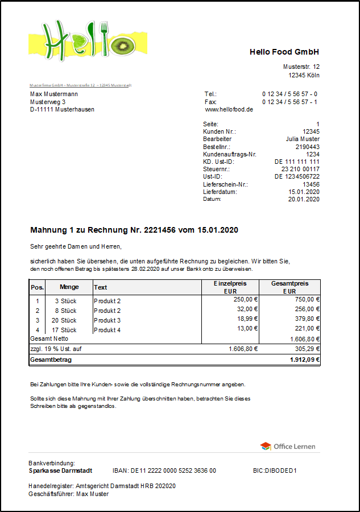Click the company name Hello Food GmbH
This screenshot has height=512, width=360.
coord(284,52)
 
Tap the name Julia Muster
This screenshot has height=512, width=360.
coord(303,139)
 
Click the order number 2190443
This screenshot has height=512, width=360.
coord(307,147)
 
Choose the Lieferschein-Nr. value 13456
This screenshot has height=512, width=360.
coord(311,184)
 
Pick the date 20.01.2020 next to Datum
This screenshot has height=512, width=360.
coord(304,199)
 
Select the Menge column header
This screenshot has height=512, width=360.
coord(69,287)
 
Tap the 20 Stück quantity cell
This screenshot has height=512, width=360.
coord(64,320)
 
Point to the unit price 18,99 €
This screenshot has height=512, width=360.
coord(246,319)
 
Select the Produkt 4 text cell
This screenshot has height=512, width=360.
coord(107,330)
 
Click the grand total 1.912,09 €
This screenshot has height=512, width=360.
coord(305,360)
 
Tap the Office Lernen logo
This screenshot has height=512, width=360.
coord(288,447)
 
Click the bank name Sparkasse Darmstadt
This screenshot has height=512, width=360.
coord(60,471)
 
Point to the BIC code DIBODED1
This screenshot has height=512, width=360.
coord(275,471)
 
